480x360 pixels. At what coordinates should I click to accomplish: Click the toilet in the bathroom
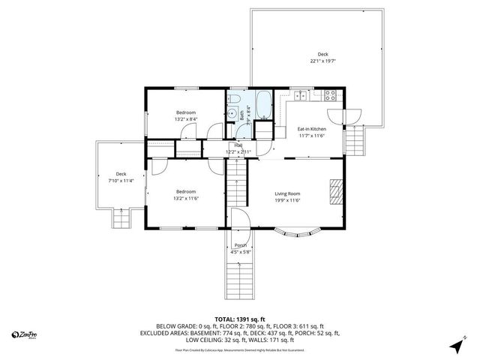click(x=234, y=101)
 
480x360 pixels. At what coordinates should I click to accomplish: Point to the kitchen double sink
click(x=300, y=95)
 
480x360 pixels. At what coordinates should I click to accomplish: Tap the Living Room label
click(x=287, y=193)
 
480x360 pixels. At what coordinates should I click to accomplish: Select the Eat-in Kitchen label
click(x=311, y=129)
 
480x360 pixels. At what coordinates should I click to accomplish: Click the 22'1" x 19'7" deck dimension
click(x=322, y=61)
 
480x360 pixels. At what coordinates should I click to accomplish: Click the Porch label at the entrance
click(x=241, y=246)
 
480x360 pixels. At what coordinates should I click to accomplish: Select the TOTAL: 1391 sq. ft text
click(x=239, y=319)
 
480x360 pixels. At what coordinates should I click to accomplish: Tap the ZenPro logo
click(x=22, y=334)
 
